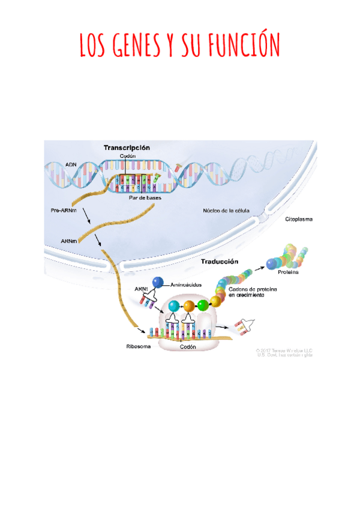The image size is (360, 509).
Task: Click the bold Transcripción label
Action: (127, 147)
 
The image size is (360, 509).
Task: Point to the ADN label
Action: (70, 163)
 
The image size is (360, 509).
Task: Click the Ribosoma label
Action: (137, 347)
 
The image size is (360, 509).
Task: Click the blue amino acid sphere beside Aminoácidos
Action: (158, 282)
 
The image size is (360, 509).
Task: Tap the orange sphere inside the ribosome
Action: (190, 306)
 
